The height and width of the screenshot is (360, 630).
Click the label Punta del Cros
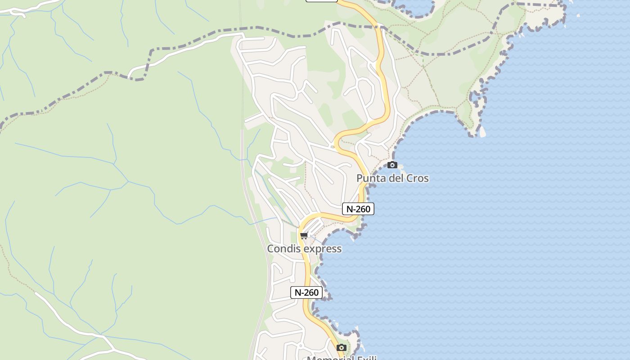point(392,178)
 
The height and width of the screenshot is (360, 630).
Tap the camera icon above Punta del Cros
point(392,165)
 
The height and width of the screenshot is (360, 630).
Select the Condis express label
point(304,249)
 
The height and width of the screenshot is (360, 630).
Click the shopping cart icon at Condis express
point(304,235)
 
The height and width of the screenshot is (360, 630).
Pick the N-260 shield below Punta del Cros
point(358,209)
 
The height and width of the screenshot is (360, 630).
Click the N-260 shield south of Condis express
point(306,292)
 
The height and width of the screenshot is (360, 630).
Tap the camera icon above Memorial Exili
point(342,347)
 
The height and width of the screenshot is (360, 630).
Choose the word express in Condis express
point(322,249)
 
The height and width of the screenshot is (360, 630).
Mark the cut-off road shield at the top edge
point(322,1)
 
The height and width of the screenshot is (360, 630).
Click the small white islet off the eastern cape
point(482,132)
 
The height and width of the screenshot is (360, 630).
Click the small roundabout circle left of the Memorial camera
point(301,346)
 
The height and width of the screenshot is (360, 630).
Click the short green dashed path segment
point(423,61)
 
